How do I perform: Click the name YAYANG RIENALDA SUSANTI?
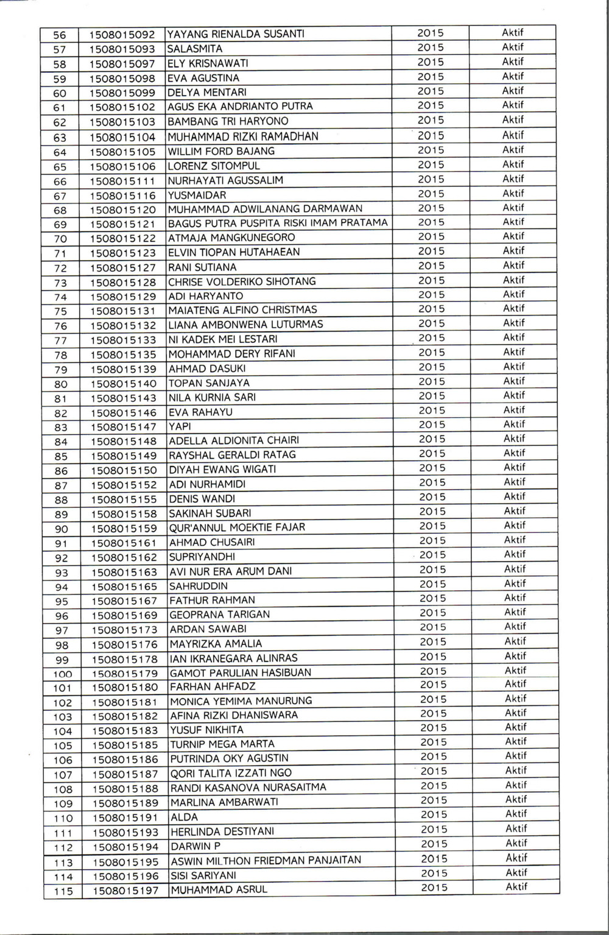pyautogui.click(x=235, y=34)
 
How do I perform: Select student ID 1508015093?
pyautogui.click(x=122, y=49)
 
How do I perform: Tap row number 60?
pyautogui.click(x=60, y=93)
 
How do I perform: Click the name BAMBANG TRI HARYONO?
pyautogui.click(x=228, y=121)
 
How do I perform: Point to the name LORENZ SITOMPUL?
pyautogui.click(x=214, y=166)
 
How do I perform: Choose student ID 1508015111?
pyautogui.click(x=123, y=182)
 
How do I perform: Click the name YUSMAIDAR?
pyautogui.click(x=197, y=196)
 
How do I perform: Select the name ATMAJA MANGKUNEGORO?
pyautogui.click(x=231, y=238)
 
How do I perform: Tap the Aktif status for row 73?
pyautogui.click(x=513, y=280)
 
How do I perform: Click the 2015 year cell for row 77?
pyautogui.click(x=431, y=338)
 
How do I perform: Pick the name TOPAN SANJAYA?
pyautogui.click(x=209, y=383)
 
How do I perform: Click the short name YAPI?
pyautogui.click(x=180, y=426)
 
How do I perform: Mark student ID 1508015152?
pyautogui.click(x=124, y=485)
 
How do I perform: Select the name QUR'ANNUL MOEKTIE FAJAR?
pyautogui.click(x=237, y=527)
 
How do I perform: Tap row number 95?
pyautogui.click(x=62, y=602)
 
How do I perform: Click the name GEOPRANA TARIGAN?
pyautogui.click(x=219, y=615)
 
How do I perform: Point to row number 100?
pyautogui.click(x=62, y=674)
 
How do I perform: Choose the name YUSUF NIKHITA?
pyautogui.click(x=206, y=730)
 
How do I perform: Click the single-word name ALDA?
pyautogui.click(x=184, y=817)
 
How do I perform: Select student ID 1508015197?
pyautogui.click(x=125, y=891)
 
